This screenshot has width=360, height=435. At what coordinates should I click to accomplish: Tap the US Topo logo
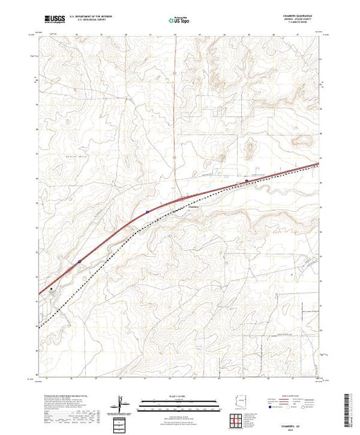pyautogui.click(x=179, y=21)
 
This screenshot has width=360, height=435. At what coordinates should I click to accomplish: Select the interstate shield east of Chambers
pyautogui.click(x=247, y=182)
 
